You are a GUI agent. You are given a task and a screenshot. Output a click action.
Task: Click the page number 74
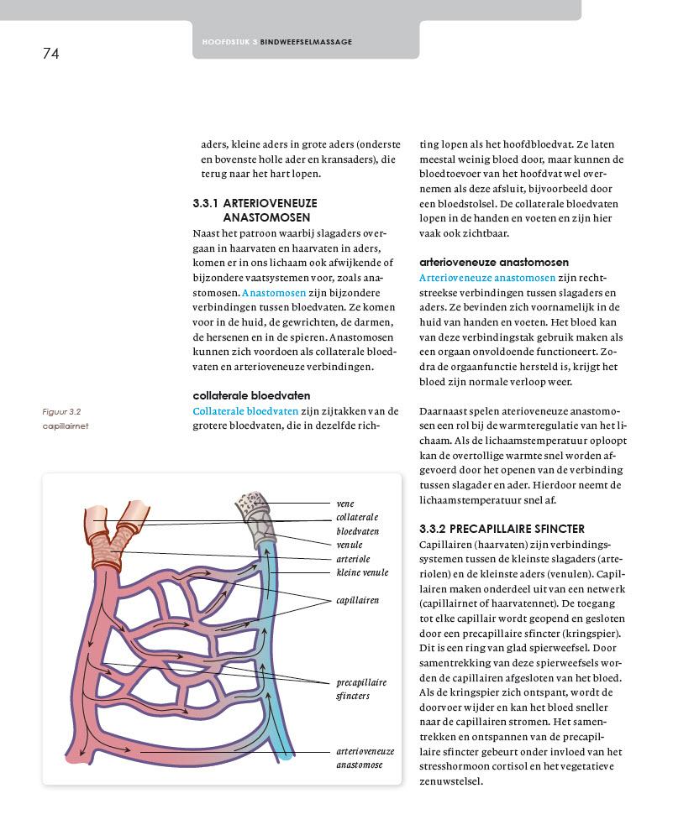pyautogui.click(x=50, y=54)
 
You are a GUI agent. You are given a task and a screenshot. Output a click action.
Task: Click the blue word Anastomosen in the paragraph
pyautogui.click(x=269, y=293)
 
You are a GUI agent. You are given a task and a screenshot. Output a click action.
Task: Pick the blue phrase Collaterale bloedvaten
pyautogui.click(x=245, y=411)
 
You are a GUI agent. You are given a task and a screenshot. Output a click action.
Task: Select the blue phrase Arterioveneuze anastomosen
pyautogui.click(x=487, y=277)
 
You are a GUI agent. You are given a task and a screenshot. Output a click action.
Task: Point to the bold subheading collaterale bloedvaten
pyautogui.click(x=251, y=395)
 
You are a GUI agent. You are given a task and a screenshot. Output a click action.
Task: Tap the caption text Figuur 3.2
pyautogui.click(x=61, y=412)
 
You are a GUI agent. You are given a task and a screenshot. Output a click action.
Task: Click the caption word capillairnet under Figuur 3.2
pyautogui.click(x=66, y=425)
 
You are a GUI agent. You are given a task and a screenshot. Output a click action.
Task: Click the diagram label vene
pyautogui.click(x=344, y=504)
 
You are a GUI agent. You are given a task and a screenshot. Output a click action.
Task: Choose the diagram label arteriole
pyautogui.click(x=353, y=559)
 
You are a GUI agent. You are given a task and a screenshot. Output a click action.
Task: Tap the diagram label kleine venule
pyautogui.click(x=362, y=572)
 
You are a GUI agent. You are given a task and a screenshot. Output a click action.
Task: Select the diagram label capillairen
pyautogui.click(x=357, y=600)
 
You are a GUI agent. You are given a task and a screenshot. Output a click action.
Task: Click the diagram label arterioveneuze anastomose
pyautogui.click(x=365, y=758)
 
